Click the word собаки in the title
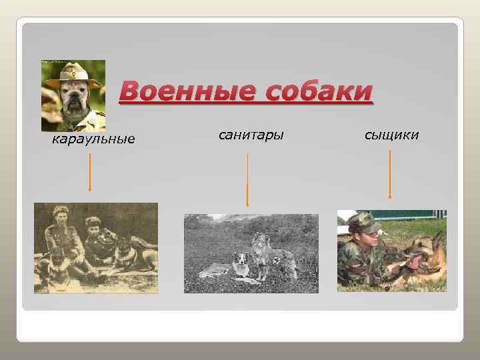tap(319, 91)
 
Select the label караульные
tap(93, 139)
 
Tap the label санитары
tap(251, 135)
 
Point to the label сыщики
tap(391, 135)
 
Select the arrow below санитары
tap(247, 180)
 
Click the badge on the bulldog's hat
tap(73, 69)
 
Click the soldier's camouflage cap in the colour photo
tap(363, 222)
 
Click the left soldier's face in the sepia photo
tap(59, 219)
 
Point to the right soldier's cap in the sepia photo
tap(93, 221)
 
